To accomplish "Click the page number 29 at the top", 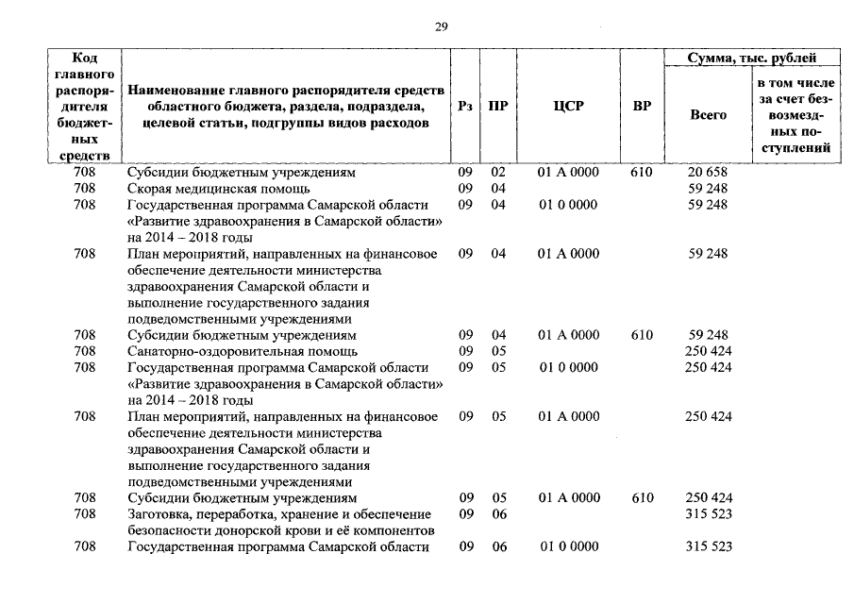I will (441, 26).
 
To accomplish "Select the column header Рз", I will (465, 107).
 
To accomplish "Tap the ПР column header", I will (497, 107).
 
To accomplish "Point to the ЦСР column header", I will (568, 107).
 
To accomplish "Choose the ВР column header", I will (642, 107).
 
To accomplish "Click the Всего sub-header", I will (708, 115).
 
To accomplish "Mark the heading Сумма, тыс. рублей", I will (751, 59).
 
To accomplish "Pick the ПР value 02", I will (498, 174).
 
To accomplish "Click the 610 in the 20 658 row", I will (642, 174).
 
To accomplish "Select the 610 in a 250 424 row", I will (642, 497).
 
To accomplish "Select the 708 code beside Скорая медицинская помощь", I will (84, 189).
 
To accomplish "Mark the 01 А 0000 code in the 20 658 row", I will (568, 174).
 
